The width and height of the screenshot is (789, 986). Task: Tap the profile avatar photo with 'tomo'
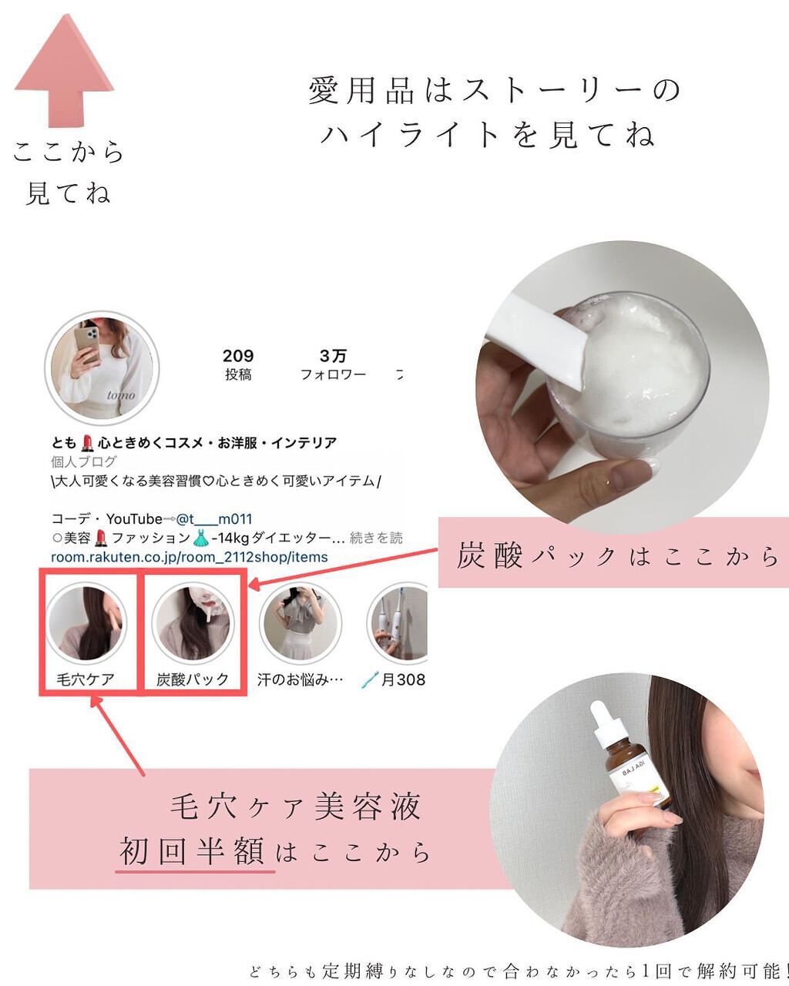(x=102, y=367)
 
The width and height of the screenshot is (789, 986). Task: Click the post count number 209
(x=238, y=356)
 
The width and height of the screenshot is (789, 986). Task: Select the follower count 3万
(x=333, y=356)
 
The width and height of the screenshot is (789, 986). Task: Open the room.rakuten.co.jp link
(x=189, y=557)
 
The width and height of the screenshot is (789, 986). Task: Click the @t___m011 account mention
(x=214, y=518)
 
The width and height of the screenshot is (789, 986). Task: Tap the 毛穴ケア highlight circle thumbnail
(x=86, y=622)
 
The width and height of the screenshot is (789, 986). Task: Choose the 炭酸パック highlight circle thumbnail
(x=193, y=622)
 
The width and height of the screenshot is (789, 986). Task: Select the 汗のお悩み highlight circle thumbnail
(x=300, y=622)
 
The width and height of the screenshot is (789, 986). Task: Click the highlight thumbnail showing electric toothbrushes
(x=398, y=622)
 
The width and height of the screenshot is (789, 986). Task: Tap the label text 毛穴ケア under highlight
(x=86, y=679)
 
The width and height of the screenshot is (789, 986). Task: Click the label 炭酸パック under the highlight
(x=193, y=679)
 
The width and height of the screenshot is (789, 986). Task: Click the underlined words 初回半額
(x=192, y=851)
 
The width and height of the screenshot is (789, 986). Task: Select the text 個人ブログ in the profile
(x=84, y=461)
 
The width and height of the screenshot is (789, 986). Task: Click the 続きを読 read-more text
(x=376, y=538)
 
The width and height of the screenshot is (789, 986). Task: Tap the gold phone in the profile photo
(x=88, y=344)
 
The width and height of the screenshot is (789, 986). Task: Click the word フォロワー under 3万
(x=333, y=375)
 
